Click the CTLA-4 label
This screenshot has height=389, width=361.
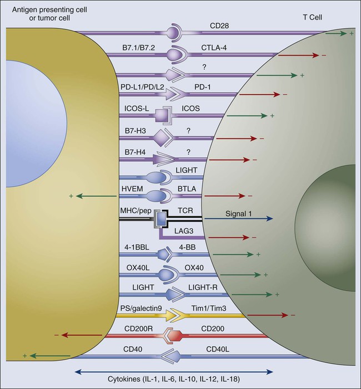[x=214, y=48]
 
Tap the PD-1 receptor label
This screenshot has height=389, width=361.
[x=203, y=87]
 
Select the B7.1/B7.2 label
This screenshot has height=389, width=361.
[x=138, y=48]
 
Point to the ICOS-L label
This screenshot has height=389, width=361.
[x=137, y=109]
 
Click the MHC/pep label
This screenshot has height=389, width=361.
[x=136, y=211]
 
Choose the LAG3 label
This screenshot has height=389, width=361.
[x=184, y=231]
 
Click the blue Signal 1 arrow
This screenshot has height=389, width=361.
[x=238, y=218]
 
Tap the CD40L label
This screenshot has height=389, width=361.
[x=218, y=349]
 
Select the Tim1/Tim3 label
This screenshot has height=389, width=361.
[x=209, y=308]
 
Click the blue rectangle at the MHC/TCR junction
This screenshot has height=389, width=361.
[x=162, y=218]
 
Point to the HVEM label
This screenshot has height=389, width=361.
[x=132, y=189]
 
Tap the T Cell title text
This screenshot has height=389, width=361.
[x=313, y=17]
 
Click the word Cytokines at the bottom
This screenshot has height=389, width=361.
[x=123, y=379]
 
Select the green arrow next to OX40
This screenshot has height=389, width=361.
[x=240, y=275]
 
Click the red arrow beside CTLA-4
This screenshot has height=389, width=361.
[x=299, y=55]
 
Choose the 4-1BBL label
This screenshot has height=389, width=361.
[x=137, y=247]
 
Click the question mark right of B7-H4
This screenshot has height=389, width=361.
[x=188, y=152]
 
